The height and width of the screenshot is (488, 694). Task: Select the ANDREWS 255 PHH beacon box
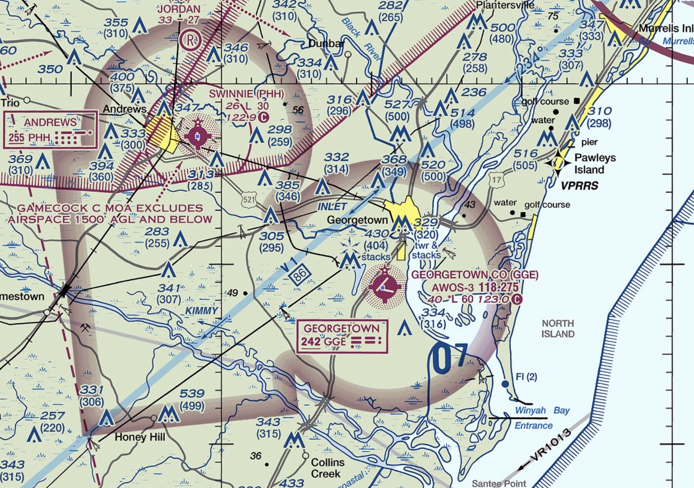coord(50,130)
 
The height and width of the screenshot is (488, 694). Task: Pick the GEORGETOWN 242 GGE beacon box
coord(342,336)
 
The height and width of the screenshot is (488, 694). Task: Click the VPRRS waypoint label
coord(579,186)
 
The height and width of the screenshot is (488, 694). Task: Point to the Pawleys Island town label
coord(594,163)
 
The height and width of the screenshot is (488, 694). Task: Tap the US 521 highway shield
coord(249,199)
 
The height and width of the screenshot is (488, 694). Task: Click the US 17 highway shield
coord(497,180)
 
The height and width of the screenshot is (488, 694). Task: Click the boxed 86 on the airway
coord(300,274)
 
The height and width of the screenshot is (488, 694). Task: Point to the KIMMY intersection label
coord(201,310)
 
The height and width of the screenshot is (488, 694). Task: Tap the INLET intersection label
coord(332,206)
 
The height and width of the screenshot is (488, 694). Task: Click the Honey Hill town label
coord(140,437)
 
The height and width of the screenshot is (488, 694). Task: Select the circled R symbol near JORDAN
coord(192,40)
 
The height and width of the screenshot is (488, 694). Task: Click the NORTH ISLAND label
coord(558,329)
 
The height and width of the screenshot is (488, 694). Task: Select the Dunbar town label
coord(326,44)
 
